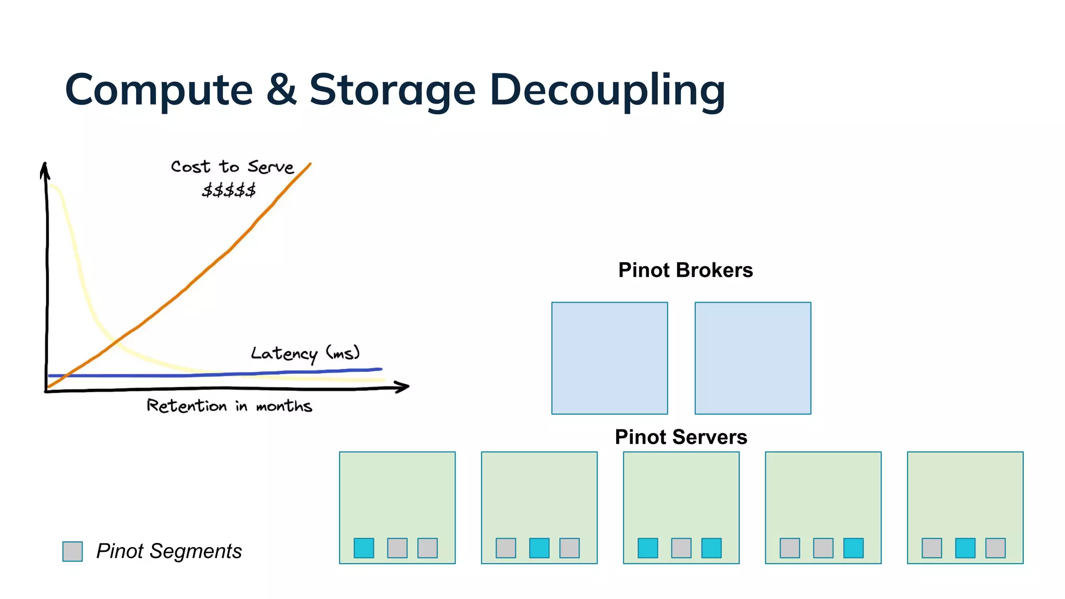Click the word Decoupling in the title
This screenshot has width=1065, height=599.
pyautogui.click(x=607, y=90)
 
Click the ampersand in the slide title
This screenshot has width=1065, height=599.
pyautogui.click(x=281, y=89)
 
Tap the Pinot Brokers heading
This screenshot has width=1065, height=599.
pyautogui.click(x=685, y=270)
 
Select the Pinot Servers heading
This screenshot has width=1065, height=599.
pyautogui.click(x=681, y=437)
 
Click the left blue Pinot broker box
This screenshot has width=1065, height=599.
pyautogui.click(x=609, y=358)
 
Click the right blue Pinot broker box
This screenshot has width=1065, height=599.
pyautogui.click(x=752, y=358)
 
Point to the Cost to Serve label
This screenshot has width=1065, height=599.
pyautogui.click(x=232, y=167)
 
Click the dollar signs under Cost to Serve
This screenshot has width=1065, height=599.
pyautogui.click(x=229, y=190)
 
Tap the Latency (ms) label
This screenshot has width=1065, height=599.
pyautogui.click(x=305, y=354)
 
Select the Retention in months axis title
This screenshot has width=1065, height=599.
pyautogui.click(x=229, y=406)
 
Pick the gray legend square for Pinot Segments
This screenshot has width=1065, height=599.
pyautogui.click(x=72, y=551)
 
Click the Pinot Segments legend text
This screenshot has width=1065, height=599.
pyautogui.click(x=169, y=551)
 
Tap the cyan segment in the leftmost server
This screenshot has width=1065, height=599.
pyautogui.click(x=364, y=548)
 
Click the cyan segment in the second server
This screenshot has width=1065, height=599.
pyautogui.click(x=539, y=548)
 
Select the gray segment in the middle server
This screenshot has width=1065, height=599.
pyautogui.click(x=681, y=548)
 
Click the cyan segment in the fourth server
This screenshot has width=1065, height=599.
pyautogui.click(x=853, y=548)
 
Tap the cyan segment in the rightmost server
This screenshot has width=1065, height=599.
pyautogui.click(x=965, y=548)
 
